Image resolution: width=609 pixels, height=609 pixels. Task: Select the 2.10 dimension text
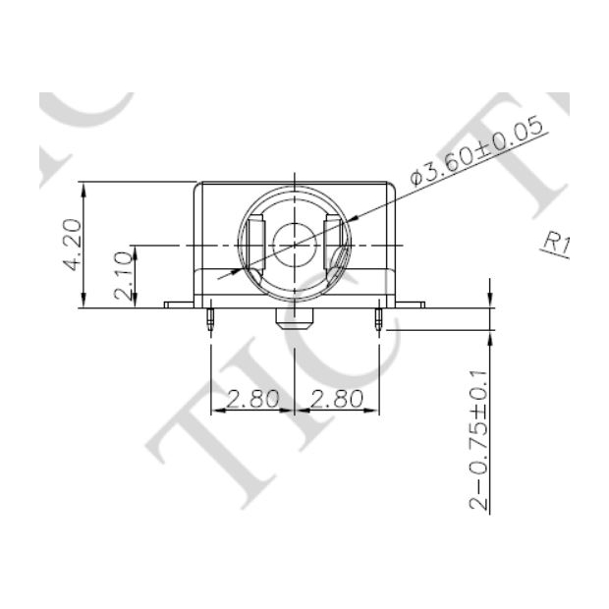(123, 275)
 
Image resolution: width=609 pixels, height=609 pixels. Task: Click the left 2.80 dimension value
(253, 398)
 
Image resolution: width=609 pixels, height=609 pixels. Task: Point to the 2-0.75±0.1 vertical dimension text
(478, 439)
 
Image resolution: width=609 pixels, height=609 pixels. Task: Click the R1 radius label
(556, 243)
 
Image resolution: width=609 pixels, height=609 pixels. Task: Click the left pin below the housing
(211, 318)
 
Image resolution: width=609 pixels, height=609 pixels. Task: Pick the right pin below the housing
(379, 318)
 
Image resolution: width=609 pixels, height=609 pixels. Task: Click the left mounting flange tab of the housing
(180, 304)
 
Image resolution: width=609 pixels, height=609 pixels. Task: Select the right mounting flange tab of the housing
(411, 304)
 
